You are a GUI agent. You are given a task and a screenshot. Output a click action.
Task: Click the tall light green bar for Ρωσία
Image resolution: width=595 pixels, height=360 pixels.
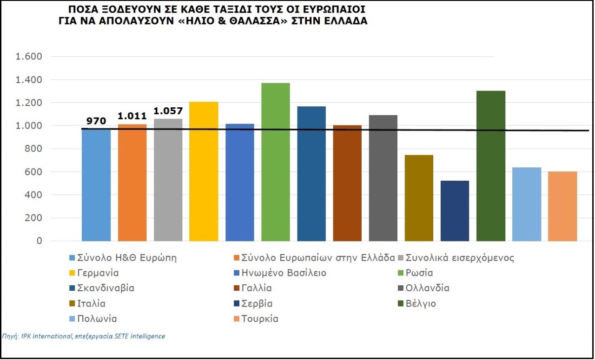[x=276, y=162]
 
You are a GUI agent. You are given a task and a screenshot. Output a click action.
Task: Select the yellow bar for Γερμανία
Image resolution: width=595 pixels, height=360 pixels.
[x=204, y=171]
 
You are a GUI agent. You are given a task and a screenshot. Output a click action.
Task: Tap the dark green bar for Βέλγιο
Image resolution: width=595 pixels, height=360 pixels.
[x=491, y=166]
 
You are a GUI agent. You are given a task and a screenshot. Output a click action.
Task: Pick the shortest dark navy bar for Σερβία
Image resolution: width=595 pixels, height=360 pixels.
[x=455, y=211]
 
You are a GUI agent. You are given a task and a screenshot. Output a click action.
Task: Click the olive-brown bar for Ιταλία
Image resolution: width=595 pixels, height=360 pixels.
[x=419, y=198]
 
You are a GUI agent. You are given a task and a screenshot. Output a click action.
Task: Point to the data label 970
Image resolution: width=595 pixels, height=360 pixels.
[x=96, y=121]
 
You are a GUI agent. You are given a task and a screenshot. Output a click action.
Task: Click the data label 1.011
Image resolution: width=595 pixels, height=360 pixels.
[x=132, y=116]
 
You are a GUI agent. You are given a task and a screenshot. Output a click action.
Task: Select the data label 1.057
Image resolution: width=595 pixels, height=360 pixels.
[x=168, y=111]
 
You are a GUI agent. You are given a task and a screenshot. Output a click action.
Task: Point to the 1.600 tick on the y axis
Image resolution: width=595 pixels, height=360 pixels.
[x=29, y=56]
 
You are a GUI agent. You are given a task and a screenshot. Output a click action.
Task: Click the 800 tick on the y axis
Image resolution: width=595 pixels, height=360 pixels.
[x=33, y=149]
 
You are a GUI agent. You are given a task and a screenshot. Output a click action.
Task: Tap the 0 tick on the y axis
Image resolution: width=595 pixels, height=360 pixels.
[x=40, y=241]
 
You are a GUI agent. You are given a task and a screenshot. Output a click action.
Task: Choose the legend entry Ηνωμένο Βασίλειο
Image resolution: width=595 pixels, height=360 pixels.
[x=280, y=273]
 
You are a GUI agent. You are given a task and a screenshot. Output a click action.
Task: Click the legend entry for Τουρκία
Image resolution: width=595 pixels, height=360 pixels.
[x=256, y=319]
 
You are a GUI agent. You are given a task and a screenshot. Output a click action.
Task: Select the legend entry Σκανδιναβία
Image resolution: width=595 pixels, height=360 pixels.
[x=102, y=288]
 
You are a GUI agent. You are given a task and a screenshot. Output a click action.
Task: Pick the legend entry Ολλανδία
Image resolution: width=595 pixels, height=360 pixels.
[x=423, y=288]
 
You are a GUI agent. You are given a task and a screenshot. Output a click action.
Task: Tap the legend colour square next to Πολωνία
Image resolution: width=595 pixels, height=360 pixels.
[x=72, y=319]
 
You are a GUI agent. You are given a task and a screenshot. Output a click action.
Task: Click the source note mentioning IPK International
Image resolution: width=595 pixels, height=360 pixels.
[x=83, y=336]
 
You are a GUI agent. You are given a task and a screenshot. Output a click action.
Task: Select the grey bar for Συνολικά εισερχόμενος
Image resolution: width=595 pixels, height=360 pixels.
[x=168, y=180]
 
